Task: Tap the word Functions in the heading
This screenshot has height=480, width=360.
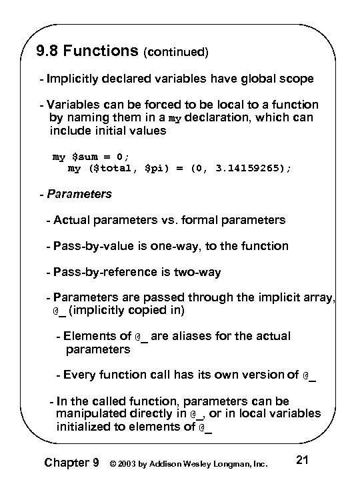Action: click(x=99, y=51)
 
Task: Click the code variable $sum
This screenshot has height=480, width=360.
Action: click(x=87, y=157)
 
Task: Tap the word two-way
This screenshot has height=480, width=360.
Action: click(x=199, y=272)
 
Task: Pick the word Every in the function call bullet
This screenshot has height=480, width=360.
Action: click(x=81, y=375)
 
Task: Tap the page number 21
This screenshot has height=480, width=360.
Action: click(x=301, y=459)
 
